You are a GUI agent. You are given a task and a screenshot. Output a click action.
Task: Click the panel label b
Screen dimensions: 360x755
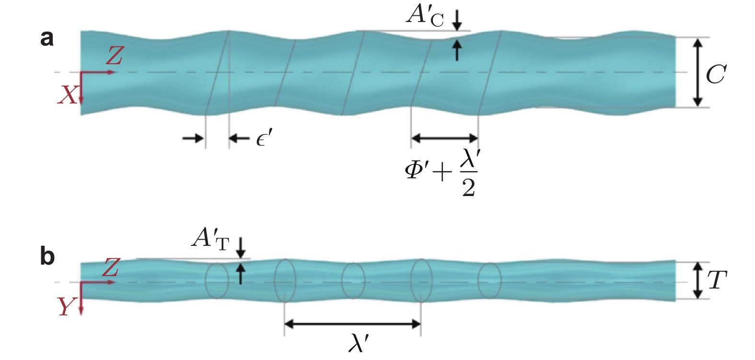coord(47,256)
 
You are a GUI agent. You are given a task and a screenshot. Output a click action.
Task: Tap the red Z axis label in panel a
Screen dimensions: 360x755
coord(114,56)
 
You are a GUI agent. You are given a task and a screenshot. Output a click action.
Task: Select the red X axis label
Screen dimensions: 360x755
coord(67,95)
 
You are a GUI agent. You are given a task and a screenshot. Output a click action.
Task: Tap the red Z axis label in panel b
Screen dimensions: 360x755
coord(111,267)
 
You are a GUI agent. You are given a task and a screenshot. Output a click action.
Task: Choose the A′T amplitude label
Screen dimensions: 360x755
coord(210,238)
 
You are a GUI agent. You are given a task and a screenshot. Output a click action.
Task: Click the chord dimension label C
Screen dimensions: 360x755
coord(716,74)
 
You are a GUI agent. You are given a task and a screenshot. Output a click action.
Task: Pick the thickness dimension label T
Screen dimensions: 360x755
coord(717,280)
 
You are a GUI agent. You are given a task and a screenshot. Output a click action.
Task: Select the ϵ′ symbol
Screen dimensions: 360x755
coord(264,139)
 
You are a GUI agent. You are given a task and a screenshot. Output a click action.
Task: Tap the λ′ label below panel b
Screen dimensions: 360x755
coord(359,343)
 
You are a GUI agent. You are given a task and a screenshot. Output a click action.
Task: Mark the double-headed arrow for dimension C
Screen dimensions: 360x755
coord(698,72)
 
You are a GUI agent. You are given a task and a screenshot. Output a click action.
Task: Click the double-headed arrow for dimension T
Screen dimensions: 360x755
coord(698,280)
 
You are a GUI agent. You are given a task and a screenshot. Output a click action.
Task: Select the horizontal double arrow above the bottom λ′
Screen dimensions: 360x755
coord(352,324)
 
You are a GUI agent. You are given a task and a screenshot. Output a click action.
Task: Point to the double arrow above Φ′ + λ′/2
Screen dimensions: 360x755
coord(444,139)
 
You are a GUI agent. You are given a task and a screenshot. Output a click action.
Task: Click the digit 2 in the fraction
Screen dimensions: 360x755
coord(468,187)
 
